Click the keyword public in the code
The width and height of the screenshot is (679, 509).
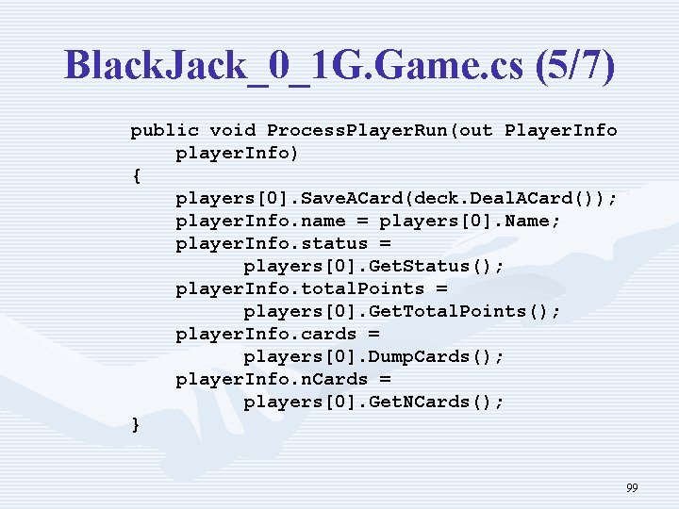pyautogui.click(x=164, y=130)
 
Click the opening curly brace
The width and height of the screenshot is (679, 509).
pyautogui.click(x=136, y=175)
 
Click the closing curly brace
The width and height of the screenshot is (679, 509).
pyautogui.click(x=136, y=424)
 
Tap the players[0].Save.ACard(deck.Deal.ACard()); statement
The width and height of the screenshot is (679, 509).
pyautogui.click(x=397, y=198)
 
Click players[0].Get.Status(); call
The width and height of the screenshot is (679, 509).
pyautogui.click(x=373, y=266)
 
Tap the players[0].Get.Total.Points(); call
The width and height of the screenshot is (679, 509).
pyautogui.click(x=402, y=311)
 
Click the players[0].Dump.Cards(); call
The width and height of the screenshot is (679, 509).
pyautogui.click(x=373, y=356)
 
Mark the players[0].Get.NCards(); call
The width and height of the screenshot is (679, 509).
pyautogui.click(x=373, y=402)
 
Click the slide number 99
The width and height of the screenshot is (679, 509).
pyautogui.click(x=632, y=488)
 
